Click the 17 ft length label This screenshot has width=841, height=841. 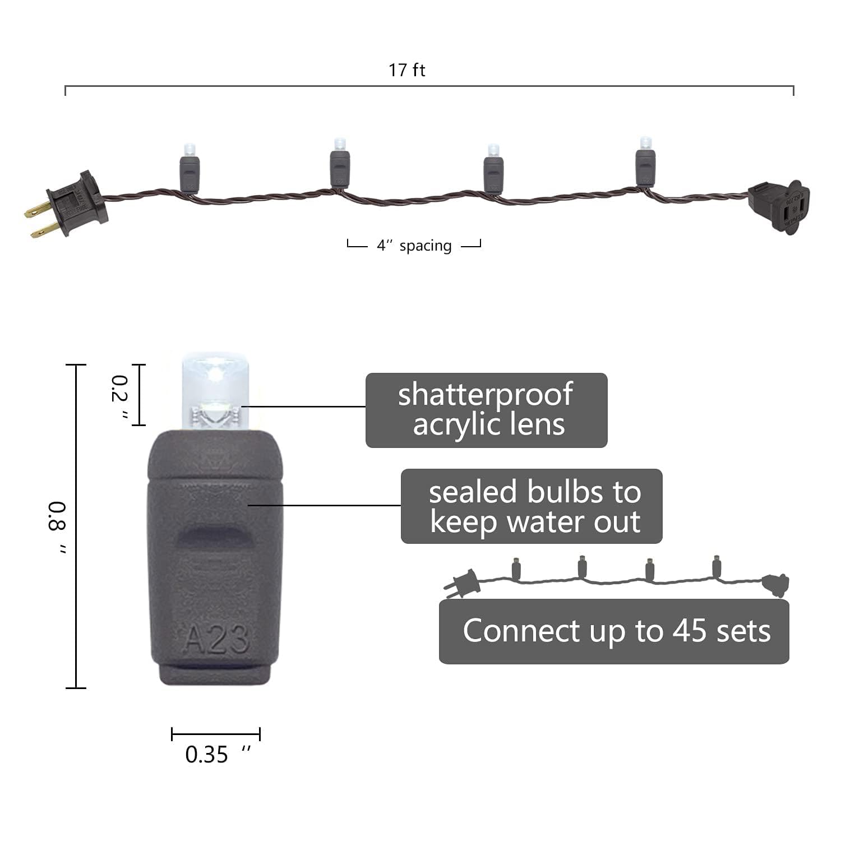coord(407,70)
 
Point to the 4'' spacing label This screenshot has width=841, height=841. coord(414,246)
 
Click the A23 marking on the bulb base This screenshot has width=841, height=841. coord(217,639)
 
